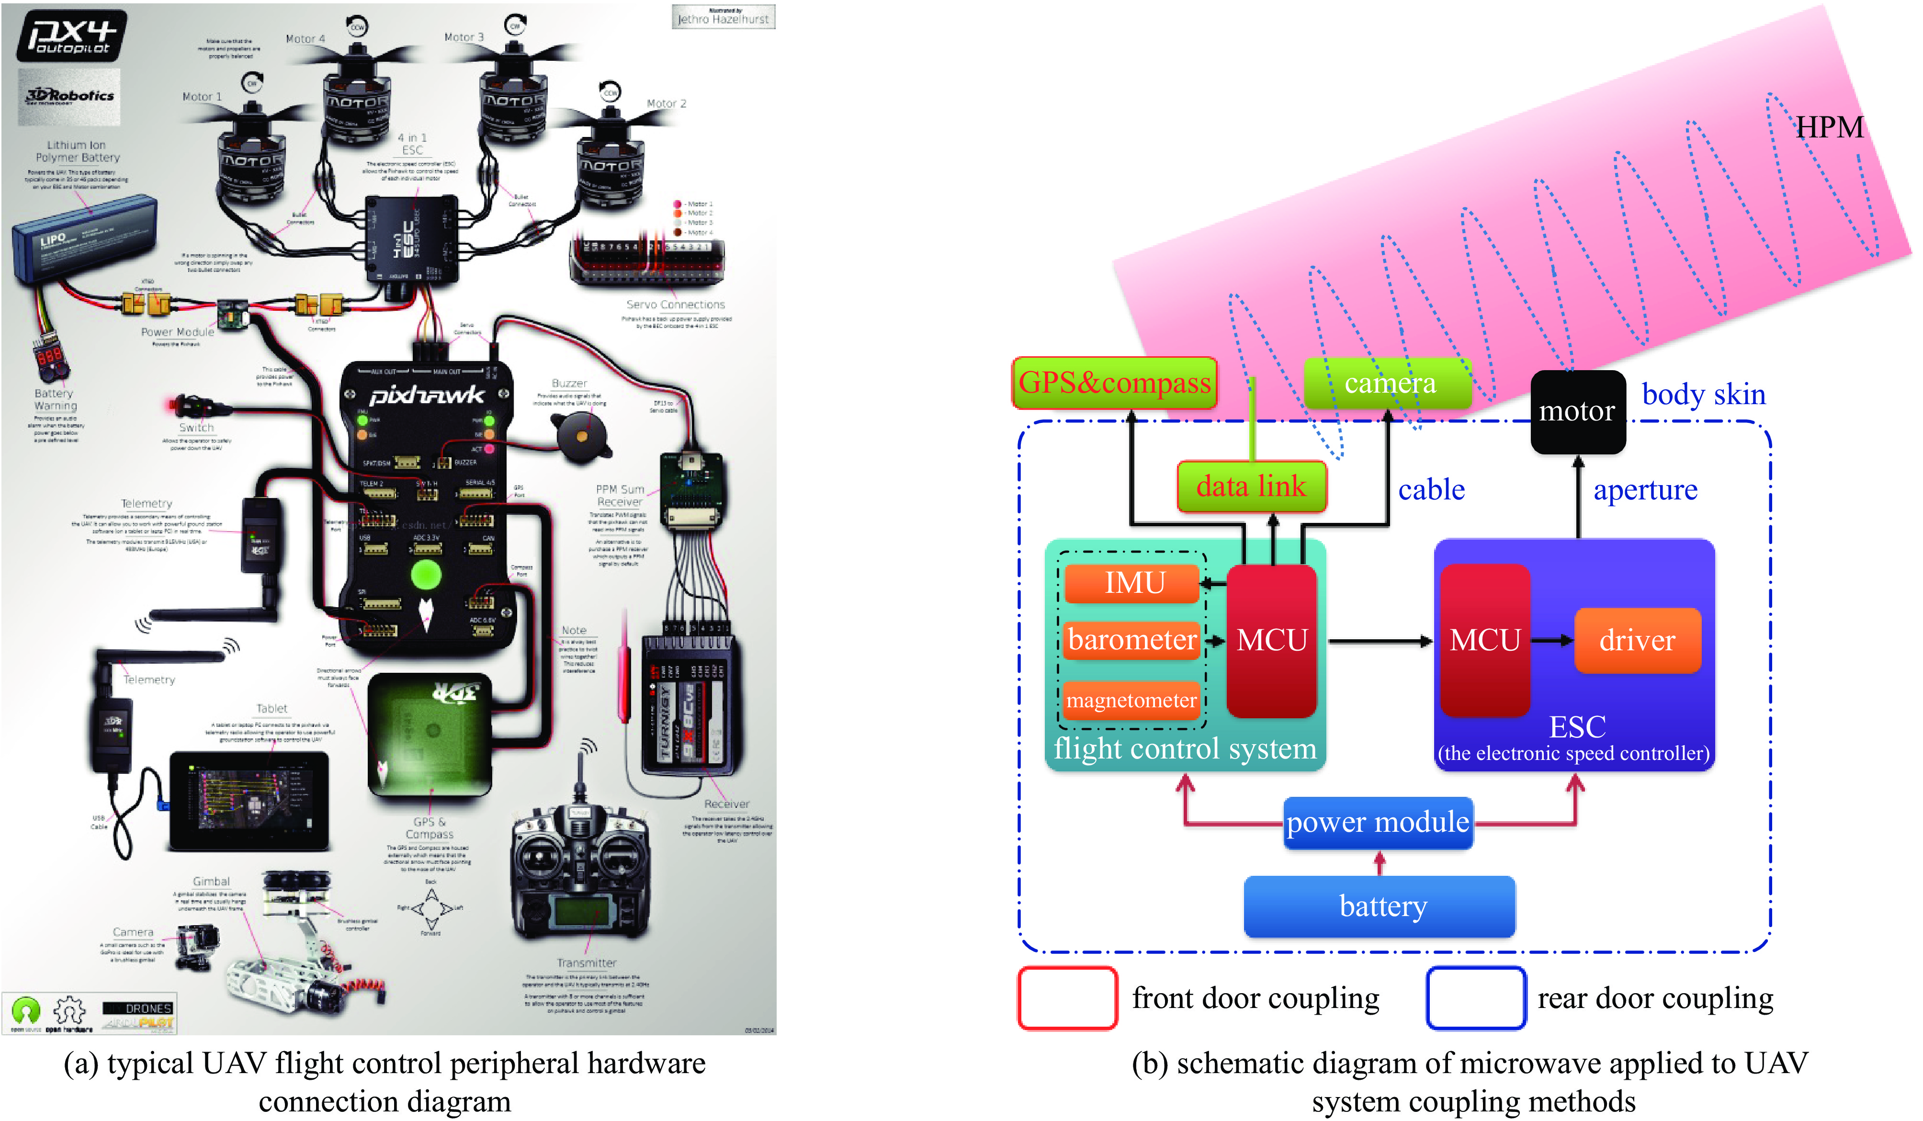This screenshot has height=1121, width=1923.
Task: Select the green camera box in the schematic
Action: (1388, 383)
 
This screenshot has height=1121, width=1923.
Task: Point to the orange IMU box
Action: (1133, 583)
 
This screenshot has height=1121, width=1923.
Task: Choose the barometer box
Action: (1131, 639)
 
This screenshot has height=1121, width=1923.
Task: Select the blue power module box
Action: (1378, 823)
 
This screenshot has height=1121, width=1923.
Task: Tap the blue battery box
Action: (1379, 906)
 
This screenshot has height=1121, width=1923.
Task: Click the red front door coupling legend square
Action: (1067, 998)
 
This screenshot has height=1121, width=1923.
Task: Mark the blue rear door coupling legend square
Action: (1475, 998)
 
